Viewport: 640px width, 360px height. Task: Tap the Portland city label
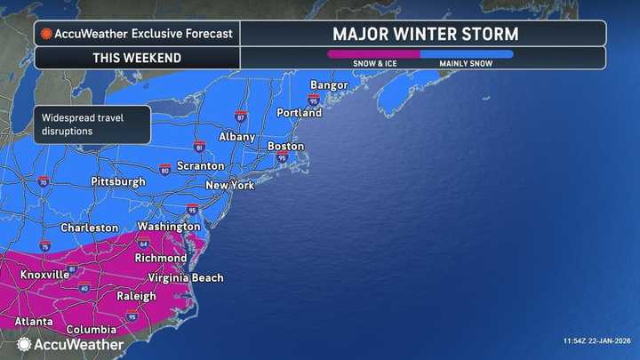(300, 113)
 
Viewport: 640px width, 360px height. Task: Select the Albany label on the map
(237, 137)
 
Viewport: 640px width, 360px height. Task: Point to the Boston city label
(285, 146)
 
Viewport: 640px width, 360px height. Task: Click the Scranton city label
(200, 166)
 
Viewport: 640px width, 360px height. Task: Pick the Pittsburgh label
(117, 181)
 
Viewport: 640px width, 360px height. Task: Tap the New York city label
(229, 185)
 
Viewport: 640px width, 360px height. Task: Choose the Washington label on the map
(168, 227)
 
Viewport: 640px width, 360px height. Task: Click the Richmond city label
(160, 258)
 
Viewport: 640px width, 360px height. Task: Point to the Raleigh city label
(136, 297)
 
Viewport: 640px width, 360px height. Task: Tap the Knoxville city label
(44, 275)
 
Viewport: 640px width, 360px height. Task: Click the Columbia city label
(91, 330)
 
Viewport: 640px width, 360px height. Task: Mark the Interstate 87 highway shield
(241, 116)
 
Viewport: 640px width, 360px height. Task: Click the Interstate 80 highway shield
(164, 169)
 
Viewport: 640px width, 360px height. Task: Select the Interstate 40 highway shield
(84, 288)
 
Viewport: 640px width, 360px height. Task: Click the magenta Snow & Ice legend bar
(373, 53)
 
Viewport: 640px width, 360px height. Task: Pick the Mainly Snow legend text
(466, 64)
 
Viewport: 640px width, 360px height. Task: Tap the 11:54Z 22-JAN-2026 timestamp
(598, 341)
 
